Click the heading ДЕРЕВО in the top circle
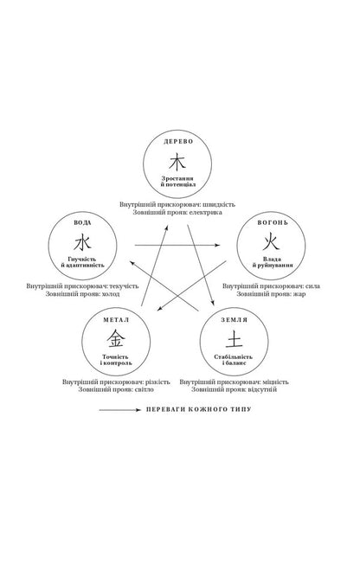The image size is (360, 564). pyautogui.click(x=178, y=141)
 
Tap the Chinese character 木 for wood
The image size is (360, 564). pyautogui.click(x=177, y=162)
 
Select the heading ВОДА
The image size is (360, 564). pyautogui.click(x=83, y=222)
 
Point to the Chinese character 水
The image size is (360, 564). pyautogui.click(x=82, y=241)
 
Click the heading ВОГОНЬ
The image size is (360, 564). pyautogui.click(x=273, y=222)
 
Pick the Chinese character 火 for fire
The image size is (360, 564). pyautogui.click(x=271, y=241)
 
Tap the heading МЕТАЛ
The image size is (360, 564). pyautogui.click(x=116, y=320)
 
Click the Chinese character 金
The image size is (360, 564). pyautogui.click(x=116, y=339)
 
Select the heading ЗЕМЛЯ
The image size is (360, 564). pyautogui.click(x=235, y=320)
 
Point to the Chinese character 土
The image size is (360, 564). pyautogui.click(x=234, y=339)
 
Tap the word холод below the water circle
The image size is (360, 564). pyautogui.click(x=111, y=294)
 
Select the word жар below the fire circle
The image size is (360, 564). pyautogui.click(x=299, y=294)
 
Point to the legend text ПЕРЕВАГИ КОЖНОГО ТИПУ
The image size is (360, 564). pyautogui.click(x=199, y=409)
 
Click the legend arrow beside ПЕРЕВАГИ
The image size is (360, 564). pyautogui.click(x=120, y=410)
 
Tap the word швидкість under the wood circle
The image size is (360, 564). pyautogui.click(x=219, y=204)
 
